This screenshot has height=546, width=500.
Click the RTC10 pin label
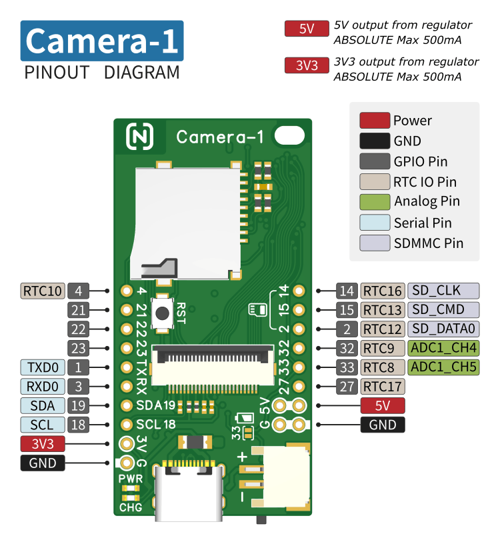[43, 291]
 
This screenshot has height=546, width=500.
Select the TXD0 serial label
[43, 367]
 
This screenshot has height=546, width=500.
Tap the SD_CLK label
[443, 291]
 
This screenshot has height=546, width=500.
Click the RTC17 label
[383, 386]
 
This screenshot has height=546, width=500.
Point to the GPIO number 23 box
[78, 348]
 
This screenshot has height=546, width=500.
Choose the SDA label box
[43, 405]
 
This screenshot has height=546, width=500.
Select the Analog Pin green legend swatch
[374, 202]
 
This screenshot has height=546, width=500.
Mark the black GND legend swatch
[374, 141]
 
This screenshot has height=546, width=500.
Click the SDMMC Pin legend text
[428, 243]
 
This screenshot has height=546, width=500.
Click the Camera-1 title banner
[102, 41]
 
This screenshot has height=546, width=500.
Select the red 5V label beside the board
[383, 405]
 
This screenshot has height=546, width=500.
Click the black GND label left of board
[43, 463]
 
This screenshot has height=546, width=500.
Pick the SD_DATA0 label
[443, 329]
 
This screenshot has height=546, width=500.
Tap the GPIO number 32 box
[347, 348]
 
